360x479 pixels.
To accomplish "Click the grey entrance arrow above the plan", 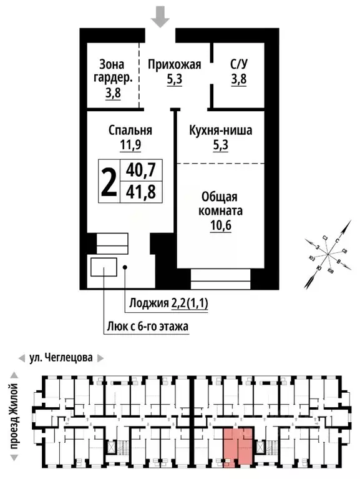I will pyautogui.click(x=161, y=16).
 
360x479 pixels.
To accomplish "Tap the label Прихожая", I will pyautogui.click(x=174, y=64).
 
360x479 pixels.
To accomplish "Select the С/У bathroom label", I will pyautogui.click(x=239, y=64).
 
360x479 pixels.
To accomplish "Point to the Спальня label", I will pyautogui.click(x=130, y=131).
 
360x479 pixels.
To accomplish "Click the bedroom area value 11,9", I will pyautogui.click(x=130, y=147).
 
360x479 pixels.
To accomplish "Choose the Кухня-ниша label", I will pyautogui.click(x=220, y=131).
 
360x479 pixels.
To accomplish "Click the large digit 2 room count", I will pyautogui.click(x=109, y=180).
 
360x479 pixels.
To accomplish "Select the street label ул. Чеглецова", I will pyautogui.click(x=61, y=358).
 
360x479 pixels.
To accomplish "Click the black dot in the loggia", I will pyautogui.click(x=125, y=267).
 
